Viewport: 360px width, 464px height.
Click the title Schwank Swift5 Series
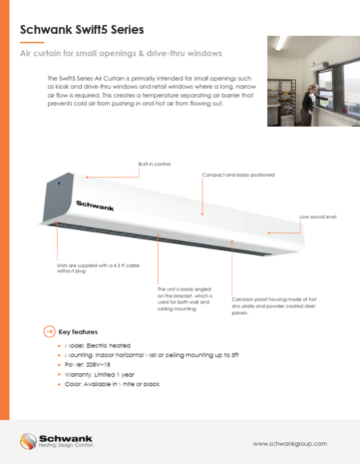81,30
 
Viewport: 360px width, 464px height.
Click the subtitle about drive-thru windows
121,52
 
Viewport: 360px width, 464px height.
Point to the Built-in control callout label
155,165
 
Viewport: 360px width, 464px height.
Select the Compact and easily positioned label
238,175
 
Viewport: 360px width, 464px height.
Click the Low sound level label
318,217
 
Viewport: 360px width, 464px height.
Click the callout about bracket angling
184,298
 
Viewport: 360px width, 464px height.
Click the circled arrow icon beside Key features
49,332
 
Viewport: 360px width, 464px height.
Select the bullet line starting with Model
97,345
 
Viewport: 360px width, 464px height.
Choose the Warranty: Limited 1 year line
99,374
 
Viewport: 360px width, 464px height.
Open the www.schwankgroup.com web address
289,443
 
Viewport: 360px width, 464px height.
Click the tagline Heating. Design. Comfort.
66,446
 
